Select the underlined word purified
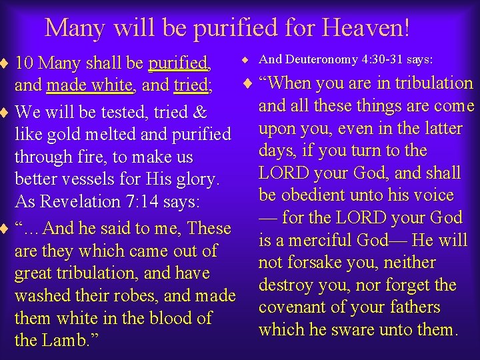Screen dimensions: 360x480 179,64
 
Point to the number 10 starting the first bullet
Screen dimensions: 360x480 25,64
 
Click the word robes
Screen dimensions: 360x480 121,296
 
